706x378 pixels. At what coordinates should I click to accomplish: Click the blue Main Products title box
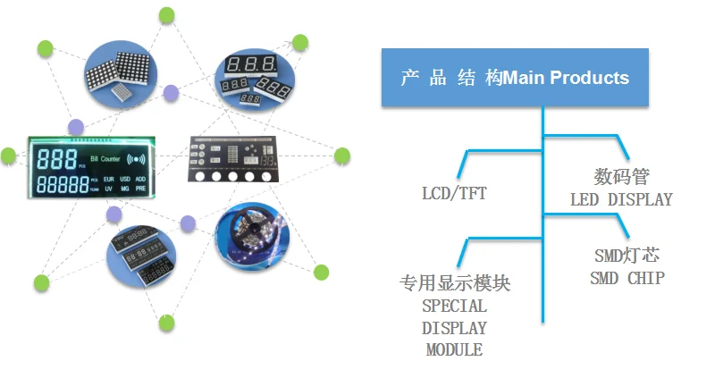(515, 78)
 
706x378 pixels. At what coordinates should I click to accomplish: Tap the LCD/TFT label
(454, 192)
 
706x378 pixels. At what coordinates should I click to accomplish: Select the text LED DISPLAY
(621, 199)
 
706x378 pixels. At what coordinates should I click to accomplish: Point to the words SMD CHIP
(626, 278)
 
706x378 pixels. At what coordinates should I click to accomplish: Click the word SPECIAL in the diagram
(454, 306)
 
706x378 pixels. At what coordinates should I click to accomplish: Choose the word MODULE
(454, 349)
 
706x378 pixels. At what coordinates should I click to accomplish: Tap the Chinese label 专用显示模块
(454, 284)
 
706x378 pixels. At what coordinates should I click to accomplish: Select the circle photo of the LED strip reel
(252, 235)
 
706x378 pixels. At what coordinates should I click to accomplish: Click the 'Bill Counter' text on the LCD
(105, 158)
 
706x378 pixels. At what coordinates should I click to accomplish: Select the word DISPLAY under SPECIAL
(454, 328)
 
